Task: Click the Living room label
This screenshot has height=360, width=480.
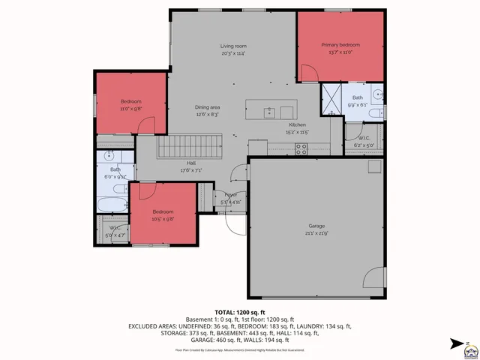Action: point(233,46)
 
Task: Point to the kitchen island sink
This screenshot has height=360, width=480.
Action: point(268,112)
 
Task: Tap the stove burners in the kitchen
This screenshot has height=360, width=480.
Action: point(301,148)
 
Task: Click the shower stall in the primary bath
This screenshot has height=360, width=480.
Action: point(331,98)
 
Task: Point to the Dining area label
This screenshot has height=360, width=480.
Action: point(207,107)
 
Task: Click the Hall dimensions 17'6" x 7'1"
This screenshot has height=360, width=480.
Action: point(191,170)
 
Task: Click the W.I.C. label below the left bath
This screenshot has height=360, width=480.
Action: point(115,227)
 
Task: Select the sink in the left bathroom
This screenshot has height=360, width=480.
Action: point(109,157)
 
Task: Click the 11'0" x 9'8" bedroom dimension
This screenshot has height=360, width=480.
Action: point(131,109)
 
